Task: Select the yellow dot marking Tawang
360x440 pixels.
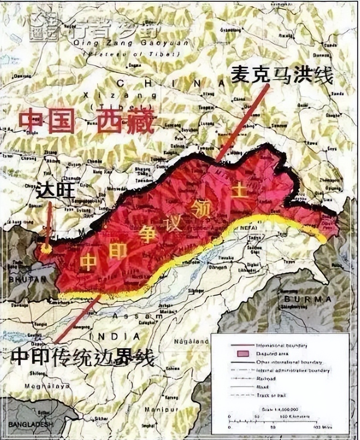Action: point(45,248)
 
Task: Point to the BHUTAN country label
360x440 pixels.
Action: point(22,279)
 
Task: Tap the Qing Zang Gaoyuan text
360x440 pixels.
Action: point(112,43)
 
